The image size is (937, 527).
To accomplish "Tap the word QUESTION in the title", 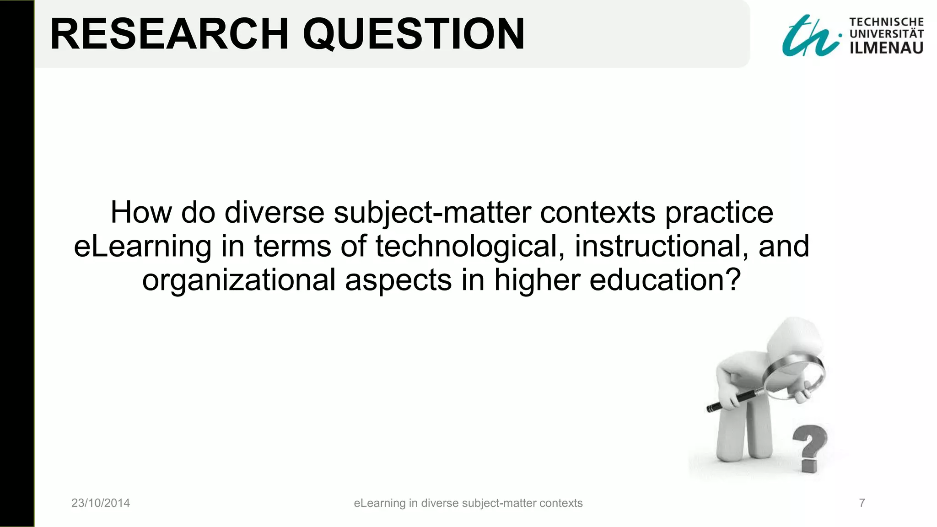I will click(x=414, y=34).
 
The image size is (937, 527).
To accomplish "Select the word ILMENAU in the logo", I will click(x=886, y=48).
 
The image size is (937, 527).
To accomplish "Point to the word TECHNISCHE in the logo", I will click(x=886, y=22).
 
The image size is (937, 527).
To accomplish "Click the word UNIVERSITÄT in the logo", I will click(x=886, y=34).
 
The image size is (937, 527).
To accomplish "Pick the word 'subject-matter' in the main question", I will click(x=432, y=213).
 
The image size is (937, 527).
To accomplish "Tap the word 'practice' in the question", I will click(x=719, y=213).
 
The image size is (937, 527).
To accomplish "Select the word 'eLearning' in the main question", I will click(x=142, y=247).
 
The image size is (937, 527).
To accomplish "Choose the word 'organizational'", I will click(x=239, y=280).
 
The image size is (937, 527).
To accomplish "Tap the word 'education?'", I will click(x=665, y=280).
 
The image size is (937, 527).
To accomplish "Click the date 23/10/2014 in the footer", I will click(x=101, y=503).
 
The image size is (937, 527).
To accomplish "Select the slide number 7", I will click(x=862, y=503).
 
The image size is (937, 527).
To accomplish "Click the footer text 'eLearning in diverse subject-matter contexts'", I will click(x=468, y=503).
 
